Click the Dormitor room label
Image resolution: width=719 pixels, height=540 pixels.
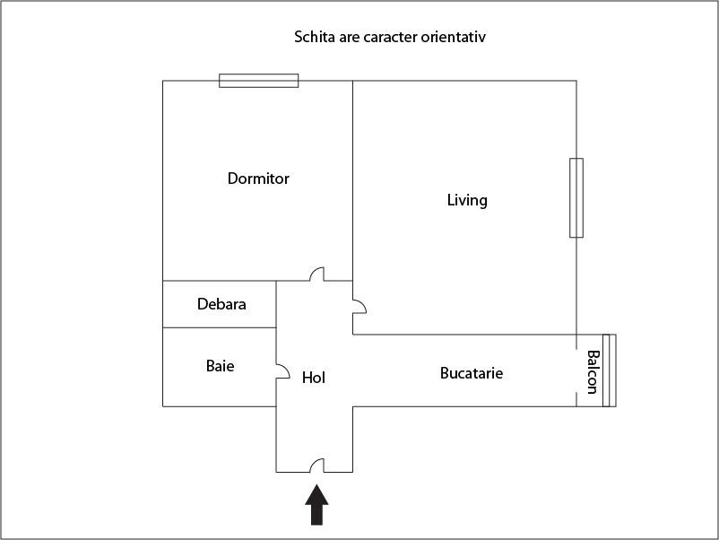258,179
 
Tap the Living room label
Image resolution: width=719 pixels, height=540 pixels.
467,200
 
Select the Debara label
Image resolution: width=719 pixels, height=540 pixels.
221,304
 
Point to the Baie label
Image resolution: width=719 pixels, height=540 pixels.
221,366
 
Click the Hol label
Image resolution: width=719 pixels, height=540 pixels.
314,378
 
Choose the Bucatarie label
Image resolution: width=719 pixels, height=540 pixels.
472,373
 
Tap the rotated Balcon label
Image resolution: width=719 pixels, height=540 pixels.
593,372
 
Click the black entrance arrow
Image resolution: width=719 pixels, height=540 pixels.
316,504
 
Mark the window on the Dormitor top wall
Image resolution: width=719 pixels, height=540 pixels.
258,81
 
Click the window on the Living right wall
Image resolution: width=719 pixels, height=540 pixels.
576,197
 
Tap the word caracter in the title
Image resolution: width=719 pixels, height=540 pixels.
390,37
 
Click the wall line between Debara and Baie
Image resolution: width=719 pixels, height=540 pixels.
219,327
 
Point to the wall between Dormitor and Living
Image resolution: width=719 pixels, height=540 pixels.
352,180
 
